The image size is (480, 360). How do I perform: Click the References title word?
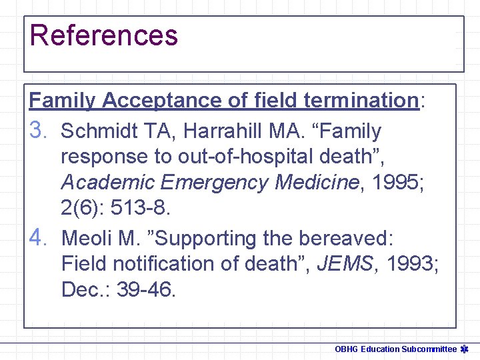tap(104, 35)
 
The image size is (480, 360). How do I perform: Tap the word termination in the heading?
tap(360, 101)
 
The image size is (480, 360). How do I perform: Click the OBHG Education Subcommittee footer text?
tap(395, 349)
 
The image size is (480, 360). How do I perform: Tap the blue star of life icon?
tap(467, 349)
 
